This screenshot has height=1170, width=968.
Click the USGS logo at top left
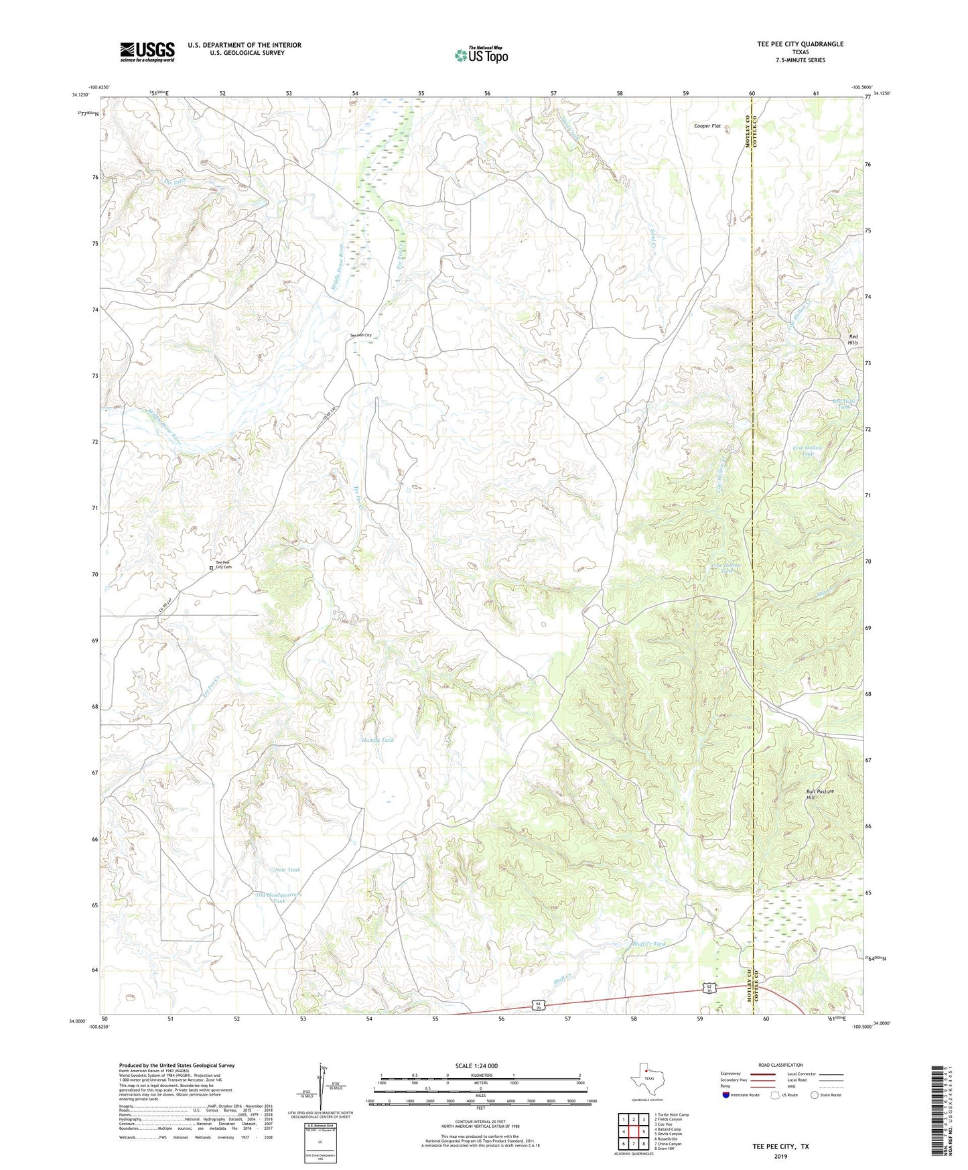(147, 51)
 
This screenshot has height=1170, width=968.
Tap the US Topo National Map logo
(481, 55)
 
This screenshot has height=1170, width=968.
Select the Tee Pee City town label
(360, 335)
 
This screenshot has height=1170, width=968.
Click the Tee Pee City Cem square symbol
(211, 568)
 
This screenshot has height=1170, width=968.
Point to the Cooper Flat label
(707, 126)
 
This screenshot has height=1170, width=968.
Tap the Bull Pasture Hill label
(819, 794)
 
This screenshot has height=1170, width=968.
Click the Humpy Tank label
(378, 740)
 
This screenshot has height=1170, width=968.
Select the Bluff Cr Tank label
(649, 944)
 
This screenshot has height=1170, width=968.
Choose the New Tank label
(287, 869)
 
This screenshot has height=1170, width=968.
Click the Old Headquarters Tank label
(280, 898)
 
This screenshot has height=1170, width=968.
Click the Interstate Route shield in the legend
(726, 1095)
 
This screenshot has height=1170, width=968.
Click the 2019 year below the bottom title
(780, 1156)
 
